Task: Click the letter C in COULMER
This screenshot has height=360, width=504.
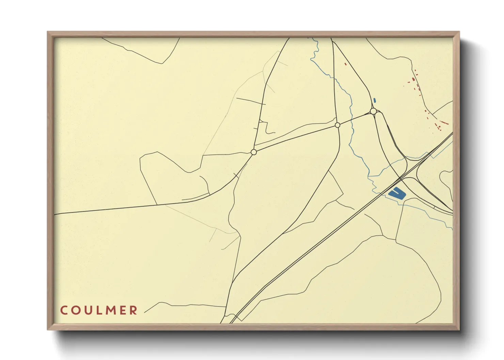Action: click(64, 310)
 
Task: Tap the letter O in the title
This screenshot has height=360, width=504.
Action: click(76, 310)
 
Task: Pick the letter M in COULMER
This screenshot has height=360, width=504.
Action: click(110, 310)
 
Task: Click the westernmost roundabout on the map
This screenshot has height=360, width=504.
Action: click(253, 152)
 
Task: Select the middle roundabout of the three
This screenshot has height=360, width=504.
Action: click(337, 125)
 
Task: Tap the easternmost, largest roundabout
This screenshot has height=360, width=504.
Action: click(373, 111)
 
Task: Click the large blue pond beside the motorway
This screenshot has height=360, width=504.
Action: click(397, 194)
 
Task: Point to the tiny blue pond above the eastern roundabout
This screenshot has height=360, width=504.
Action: click(375, 100)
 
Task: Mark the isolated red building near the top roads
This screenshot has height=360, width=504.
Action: click(345, 64)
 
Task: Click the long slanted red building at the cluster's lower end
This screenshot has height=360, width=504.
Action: click(444, 122)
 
